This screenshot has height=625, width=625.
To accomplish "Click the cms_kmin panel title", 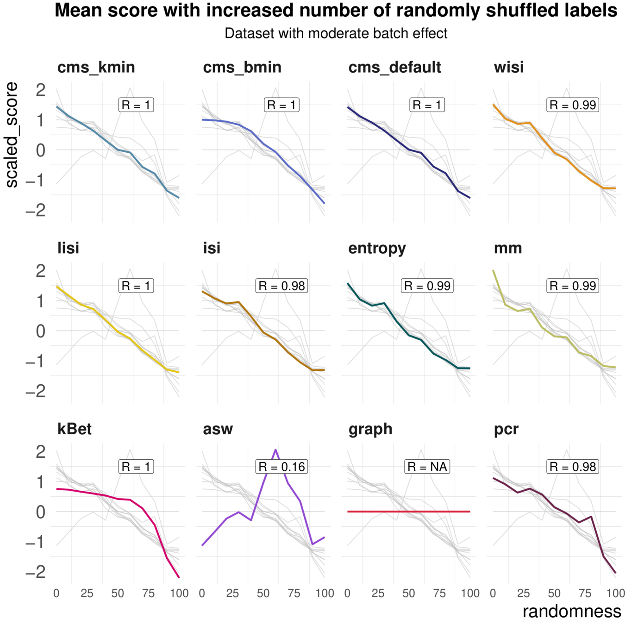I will (96, 68).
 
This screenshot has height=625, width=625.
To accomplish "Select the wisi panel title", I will (508, 68).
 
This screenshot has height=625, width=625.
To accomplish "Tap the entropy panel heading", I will (377, 249).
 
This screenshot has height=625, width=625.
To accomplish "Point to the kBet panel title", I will (74, 429).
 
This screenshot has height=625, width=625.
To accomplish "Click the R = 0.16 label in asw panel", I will (281, 467).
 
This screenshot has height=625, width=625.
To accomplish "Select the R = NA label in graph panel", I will (427, 467).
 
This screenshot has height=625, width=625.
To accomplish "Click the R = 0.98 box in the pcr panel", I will (573, 467).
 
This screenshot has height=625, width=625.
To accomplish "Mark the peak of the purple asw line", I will (276, 450).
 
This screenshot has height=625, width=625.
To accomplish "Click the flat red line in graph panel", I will (409, 512).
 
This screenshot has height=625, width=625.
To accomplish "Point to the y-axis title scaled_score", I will (12, 135).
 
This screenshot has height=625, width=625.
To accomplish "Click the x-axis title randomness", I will (572, 612).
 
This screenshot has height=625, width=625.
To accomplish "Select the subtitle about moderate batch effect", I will (336, 34).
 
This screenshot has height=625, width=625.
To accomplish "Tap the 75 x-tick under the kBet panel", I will (148, 594).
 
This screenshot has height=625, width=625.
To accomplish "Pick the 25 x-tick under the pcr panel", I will (524, 594).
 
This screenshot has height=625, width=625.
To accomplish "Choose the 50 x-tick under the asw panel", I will (263, 594).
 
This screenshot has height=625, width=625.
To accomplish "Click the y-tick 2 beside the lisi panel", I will (41, 271).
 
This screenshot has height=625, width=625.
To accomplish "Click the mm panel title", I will (507, 249).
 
